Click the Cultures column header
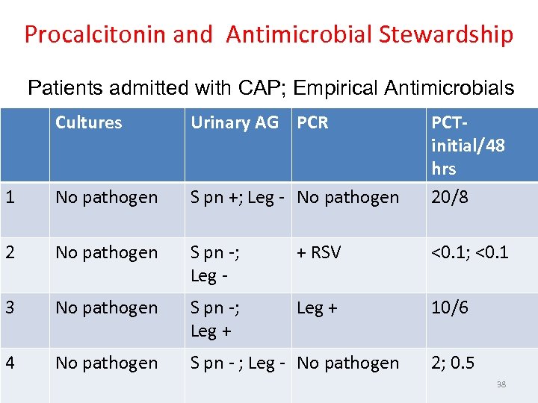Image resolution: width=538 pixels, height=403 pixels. (88, 123)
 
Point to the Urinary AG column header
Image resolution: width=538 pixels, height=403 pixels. (235, 123)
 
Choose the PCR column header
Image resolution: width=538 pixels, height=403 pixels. (312, 123)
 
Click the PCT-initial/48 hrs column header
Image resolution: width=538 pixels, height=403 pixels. (468, 145)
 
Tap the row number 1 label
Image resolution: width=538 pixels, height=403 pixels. (9, 198)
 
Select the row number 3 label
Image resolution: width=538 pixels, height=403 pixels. (10, 307)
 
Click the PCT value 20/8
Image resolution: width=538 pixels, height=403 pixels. (450, 198)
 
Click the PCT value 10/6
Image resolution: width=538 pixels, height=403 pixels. (450, 307)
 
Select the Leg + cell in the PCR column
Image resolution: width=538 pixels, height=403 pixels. (317, 307)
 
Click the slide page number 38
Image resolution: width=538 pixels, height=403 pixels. (501, 385)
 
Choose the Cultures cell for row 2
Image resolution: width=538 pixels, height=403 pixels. (107, 253)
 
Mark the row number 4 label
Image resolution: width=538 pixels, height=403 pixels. (10, 363)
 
